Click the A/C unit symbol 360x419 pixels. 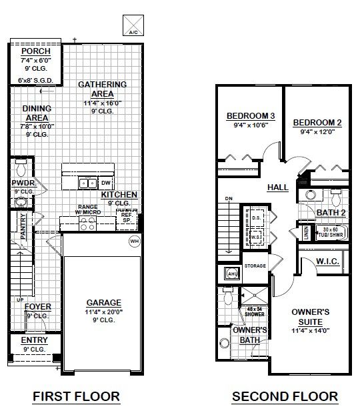133,25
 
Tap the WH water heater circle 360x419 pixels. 134,242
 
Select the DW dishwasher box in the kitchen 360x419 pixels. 106,183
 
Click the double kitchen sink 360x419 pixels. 87,183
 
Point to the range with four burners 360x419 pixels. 88,224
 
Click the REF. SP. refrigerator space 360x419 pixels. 127,220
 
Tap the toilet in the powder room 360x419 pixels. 21,168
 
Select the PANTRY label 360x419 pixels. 23,226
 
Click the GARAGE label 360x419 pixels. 103,302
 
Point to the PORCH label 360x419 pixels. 36,51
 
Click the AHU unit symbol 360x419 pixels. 232,273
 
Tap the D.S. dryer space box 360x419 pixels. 255,218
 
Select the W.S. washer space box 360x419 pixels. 255,236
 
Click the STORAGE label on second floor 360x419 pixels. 255,266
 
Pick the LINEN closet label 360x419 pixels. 306,233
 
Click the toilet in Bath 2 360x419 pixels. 336,197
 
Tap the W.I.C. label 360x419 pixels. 327,262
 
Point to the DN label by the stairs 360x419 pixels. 229,199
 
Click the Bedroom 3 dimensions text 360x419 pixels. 251,125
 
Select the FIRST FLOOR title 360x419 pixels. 76,396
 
